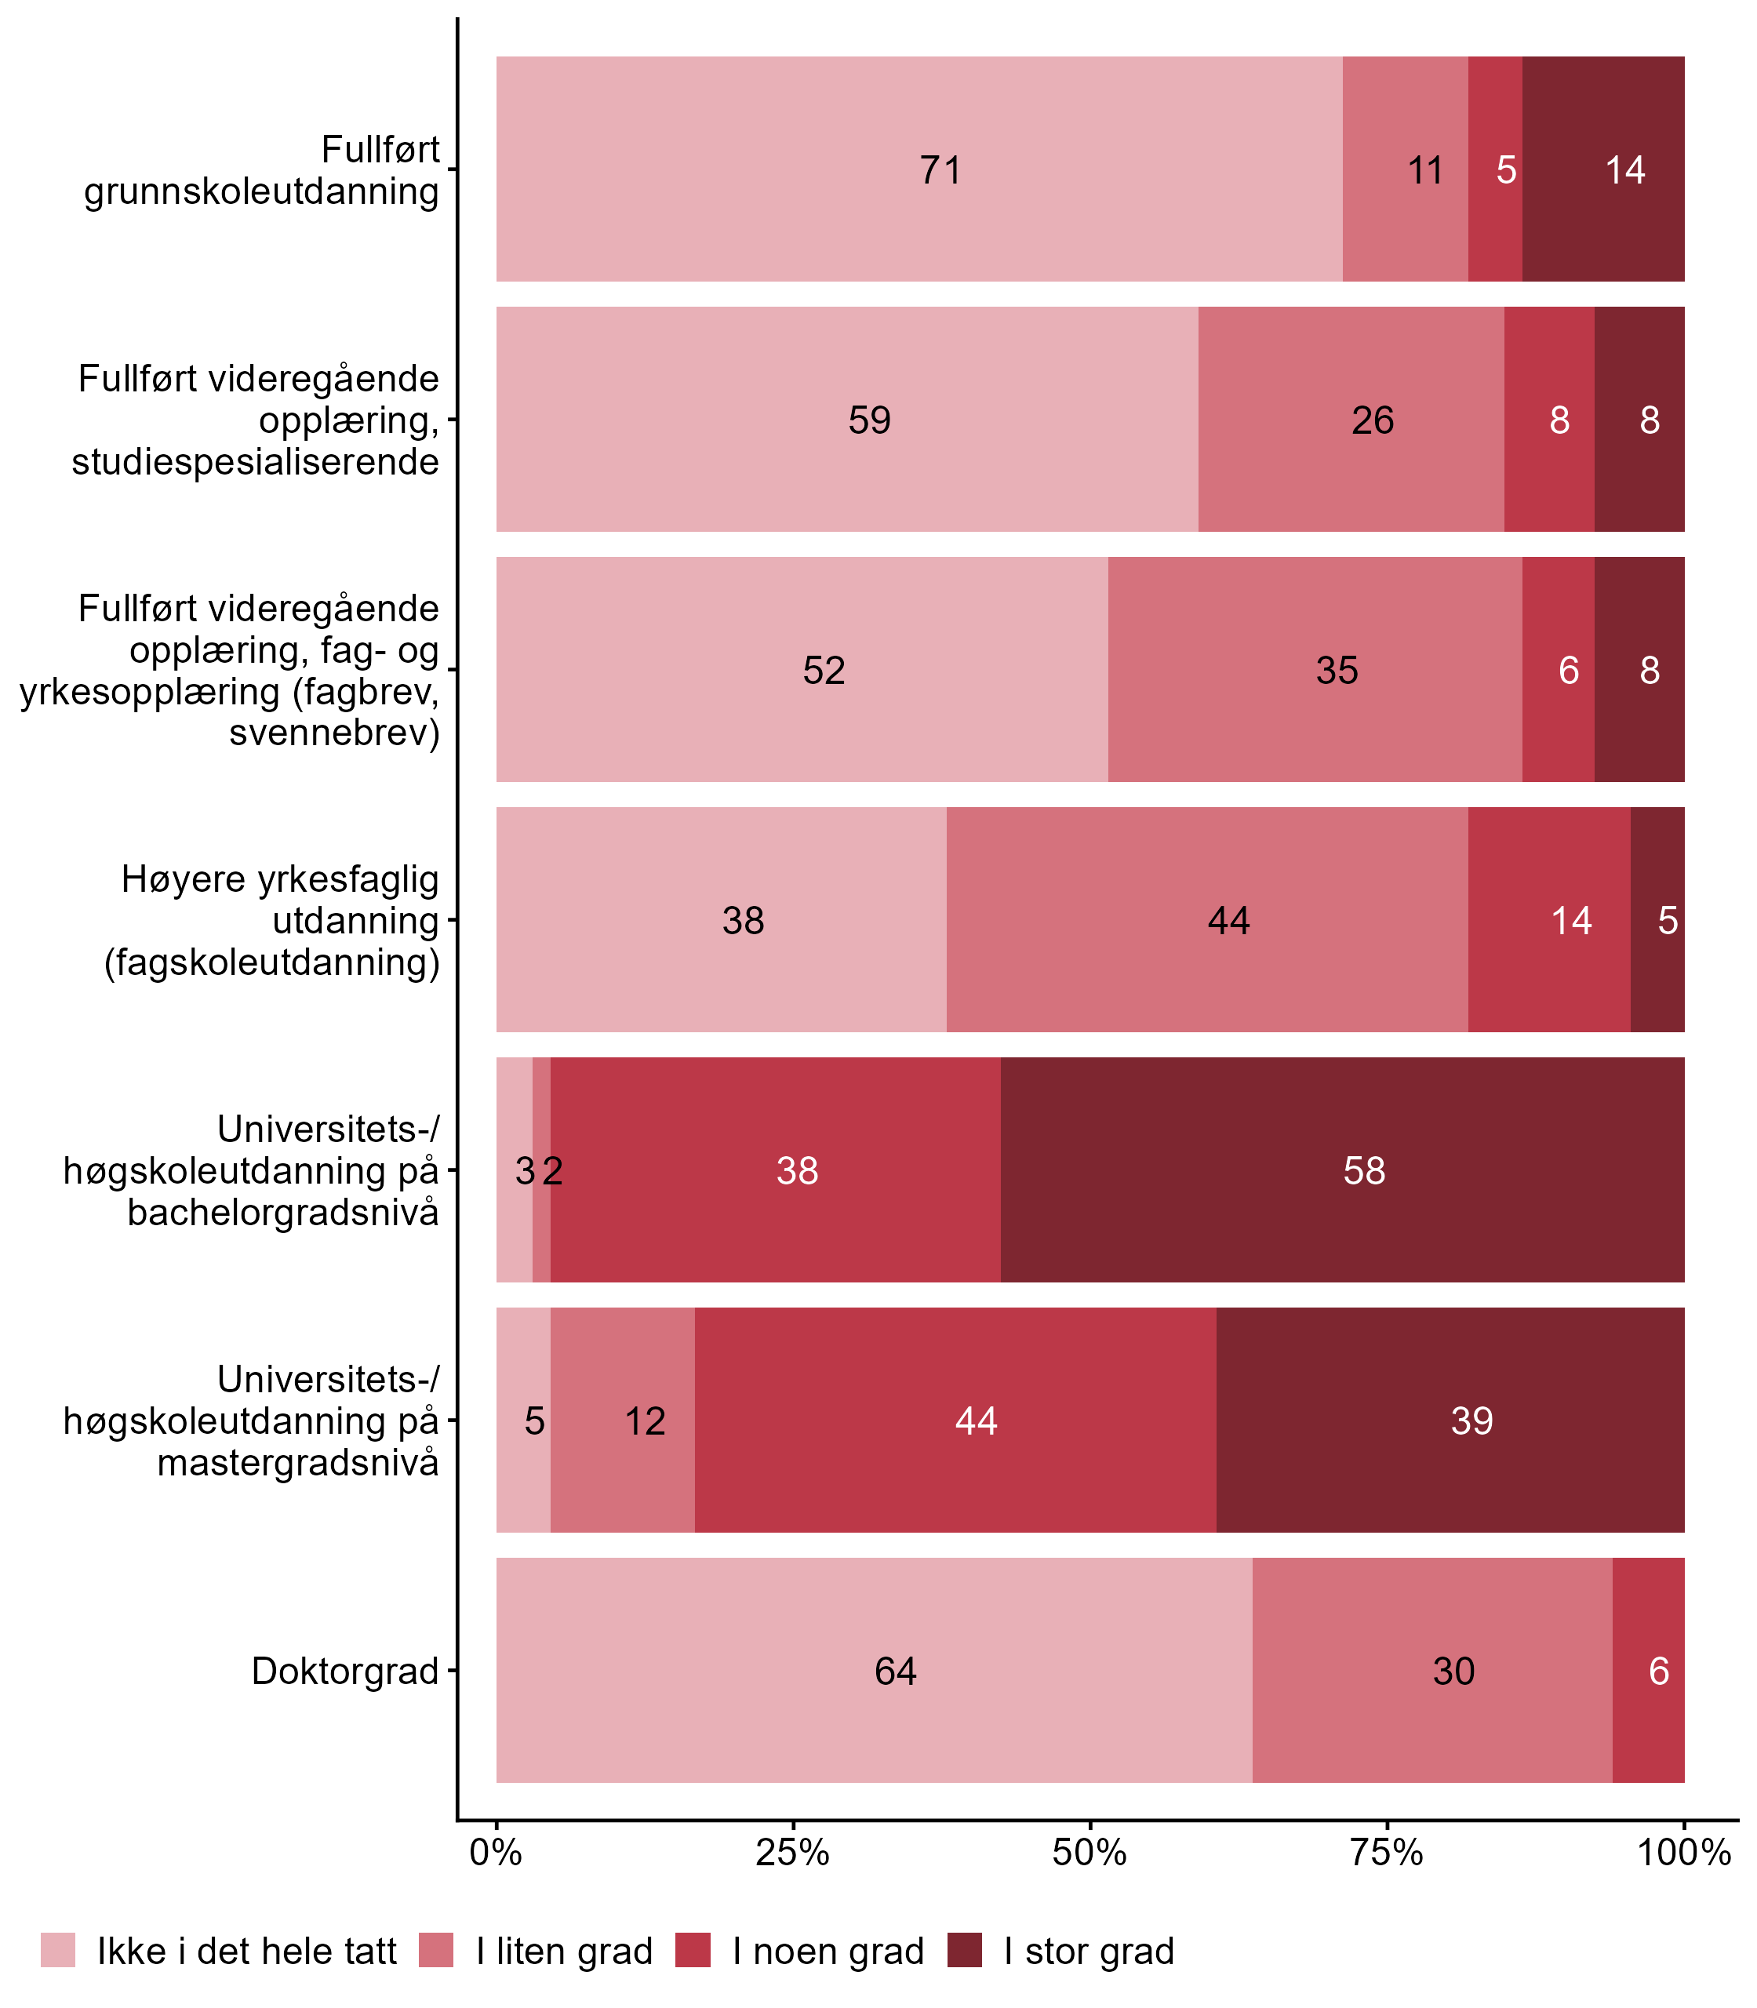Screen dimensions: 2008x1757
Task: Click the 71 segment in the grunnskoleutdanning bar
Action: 919,169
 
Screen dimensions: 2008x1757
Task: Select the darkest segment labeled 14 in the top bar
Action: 1603,169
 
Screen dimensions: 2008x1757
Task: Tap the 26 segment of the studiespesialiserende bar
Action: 1350,420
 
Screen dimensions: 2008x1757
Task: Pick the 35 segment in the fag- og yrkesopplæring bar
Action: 1314,670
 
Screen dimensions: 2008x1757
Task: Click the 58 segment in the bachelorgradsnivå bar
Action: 1341,1170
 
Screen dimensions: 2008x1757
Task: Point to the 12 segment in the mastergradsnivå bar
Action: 623,1421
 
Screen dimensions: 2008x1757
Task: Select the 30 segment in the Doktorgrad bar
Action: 1431,1671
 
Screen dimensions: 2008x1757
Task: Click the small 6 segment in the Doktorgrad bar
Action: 1648,1671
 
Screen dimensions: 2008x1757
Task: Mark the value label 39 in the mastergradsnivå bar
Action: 1471,1421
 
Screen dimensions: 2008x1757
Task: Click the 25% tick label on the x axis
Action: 793,1853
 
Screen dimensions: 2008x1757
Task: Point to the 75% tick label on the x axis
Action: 1387,1853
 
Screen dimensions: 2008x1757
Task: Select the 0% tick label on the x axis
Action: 496,1853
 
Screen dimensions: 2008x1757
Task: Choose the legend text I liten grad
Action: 564,1952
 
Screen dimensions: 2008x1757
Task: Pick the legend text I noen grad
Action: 828,1952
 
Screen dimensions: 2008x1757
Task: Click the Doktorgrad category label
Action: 344,1671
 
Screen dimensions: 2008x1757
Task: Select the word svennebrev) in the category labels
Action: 333,733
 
